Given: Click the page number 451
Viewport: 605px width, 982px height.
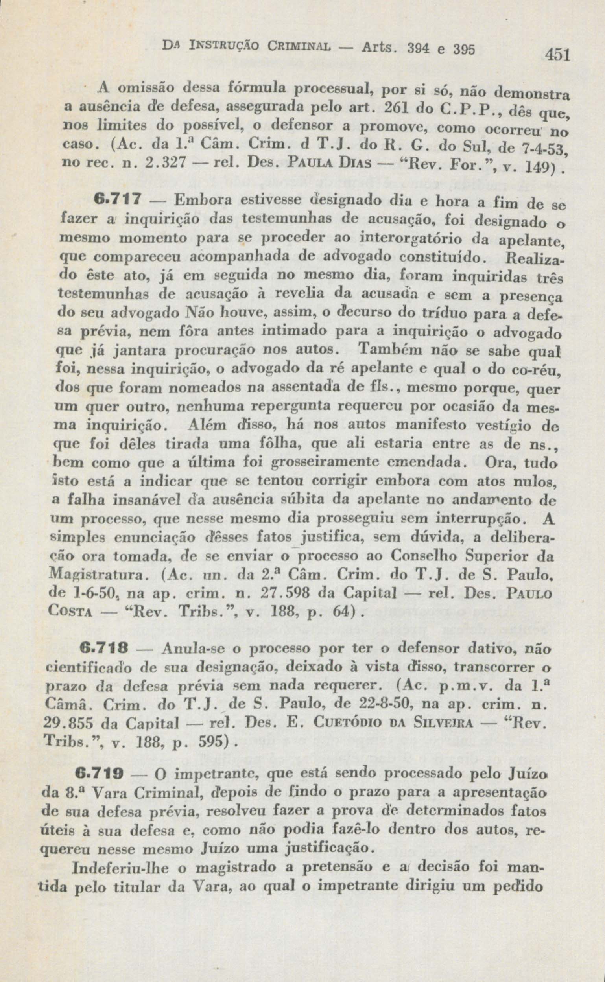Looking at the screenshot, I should tap(558, 54).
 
